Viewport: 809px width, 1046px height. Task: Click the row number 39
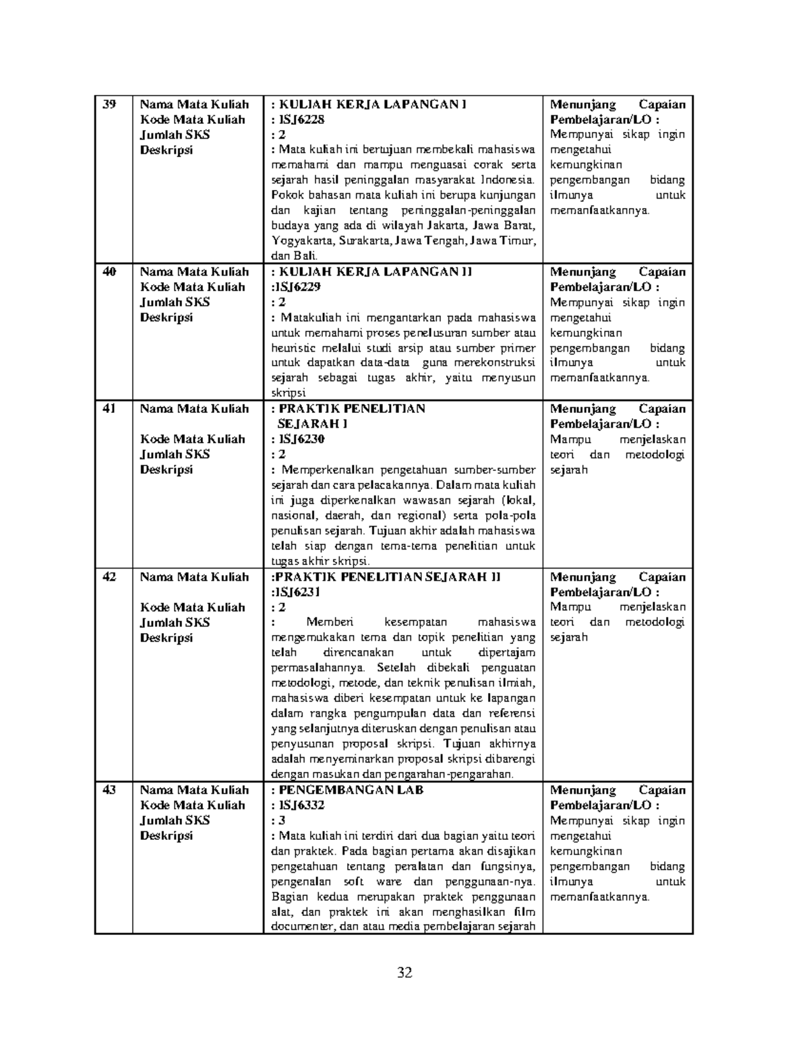coord(109,104)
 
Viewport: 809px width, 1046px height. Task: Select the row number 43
coord(109,790)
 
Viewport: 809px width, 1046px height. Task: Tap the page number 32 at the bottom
coord(404,973)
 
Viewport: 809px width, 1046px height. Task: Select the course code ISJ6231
coord(297,592)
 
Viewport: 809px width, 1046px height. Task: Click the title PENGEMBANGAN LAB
coord(351,790)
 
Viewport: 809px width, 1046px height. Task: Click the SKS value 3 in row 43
coord(282,820)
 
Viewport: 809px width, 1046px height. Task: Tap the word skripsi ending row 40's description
coord(288,393)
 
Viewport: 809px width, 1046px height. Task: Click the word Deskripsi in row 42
coord(167,637)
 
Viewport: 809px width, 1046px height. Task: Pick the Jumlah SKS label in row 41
coord(175,454)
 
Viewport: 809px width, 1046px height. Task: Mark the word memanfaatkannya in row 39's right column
coord(600,210)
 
